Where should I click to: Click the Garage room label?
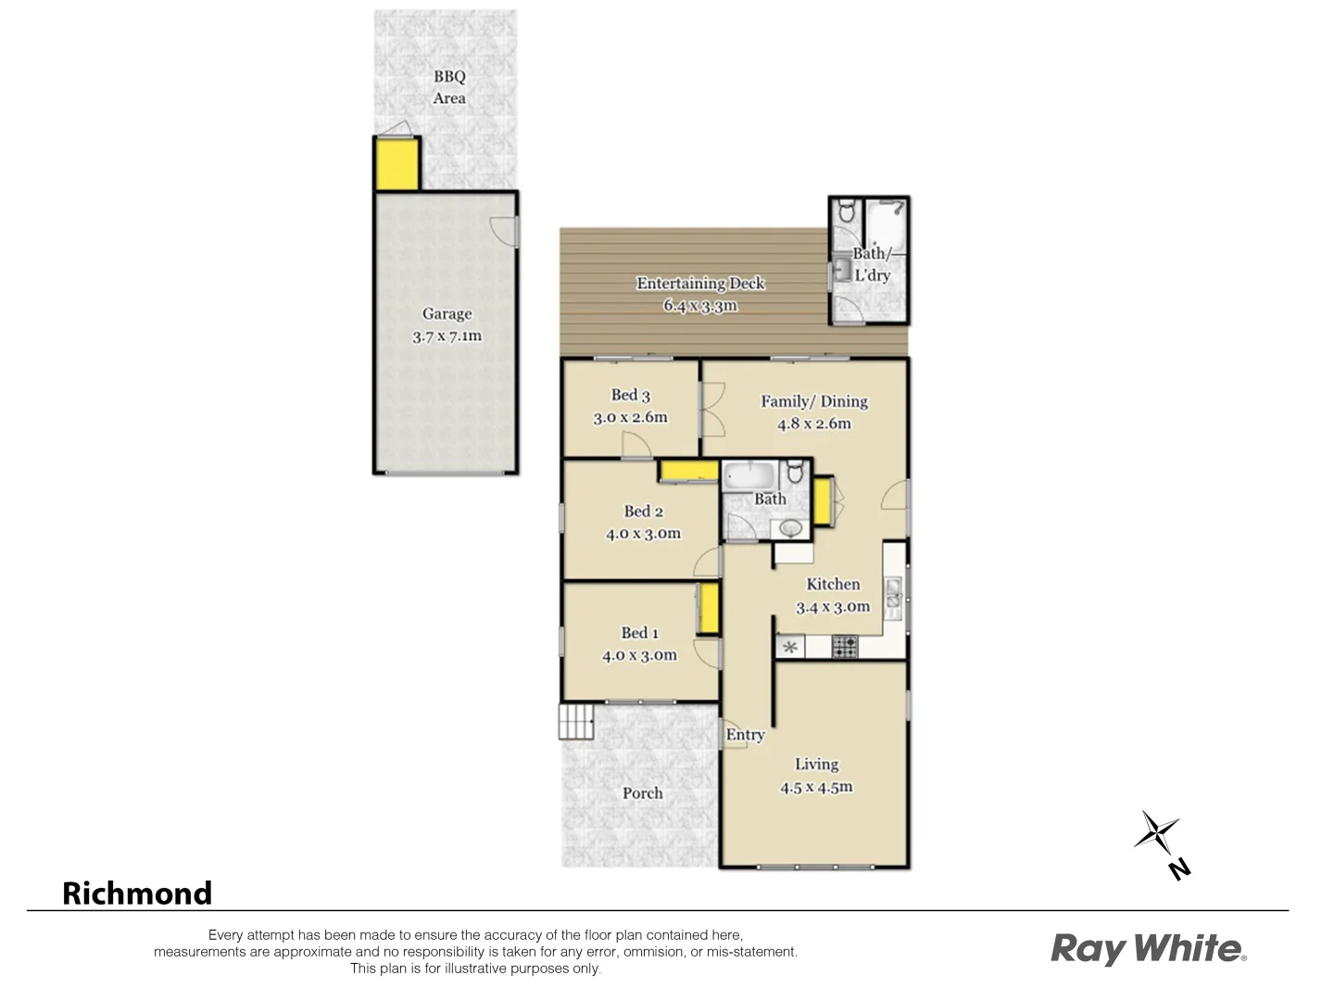pyautogui.click(x=447, y=314)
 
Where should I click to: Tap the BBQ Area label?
pyautogui.click(x=449, y=87)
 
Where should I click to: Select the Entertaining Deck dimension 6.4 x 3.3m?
pyautogui.click(x=699, y=306)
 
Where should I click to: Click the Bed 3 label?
pyautogui.click(x=630, y=395)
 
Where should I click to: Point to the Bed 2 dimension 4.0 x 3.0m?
pyautogui.click(x=643, y=534)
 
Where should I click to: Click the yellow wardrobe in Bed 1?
pyautogui.click(x=709, y=608)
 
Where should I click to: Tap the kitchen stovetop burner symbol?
pyautogui.click(x=844, y=646)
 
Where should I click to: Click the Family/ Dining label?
pyautogui.click(x=814, y=401)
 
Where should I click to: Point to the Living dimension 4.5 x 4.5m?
pyautogui.click(x=816, y=788)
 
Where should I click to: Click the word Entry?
pyautogui.click(x=745, y=735)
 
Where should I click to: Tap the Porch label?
pyautogui.click(x=642, y=793)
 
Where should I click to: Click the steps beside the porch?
pyautogui.click(x=575, y=721)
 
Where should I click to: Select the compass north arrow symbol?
pyautogui.click(x=1158, y=834)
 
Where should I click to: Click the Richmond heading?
pyautogui.click(x=137, y=893)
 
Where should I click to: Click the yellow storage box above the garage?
pyautogui.click(x=396, y=164)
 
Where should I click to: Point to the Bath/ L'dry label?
pyautogui.click(x=872, y=264)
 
